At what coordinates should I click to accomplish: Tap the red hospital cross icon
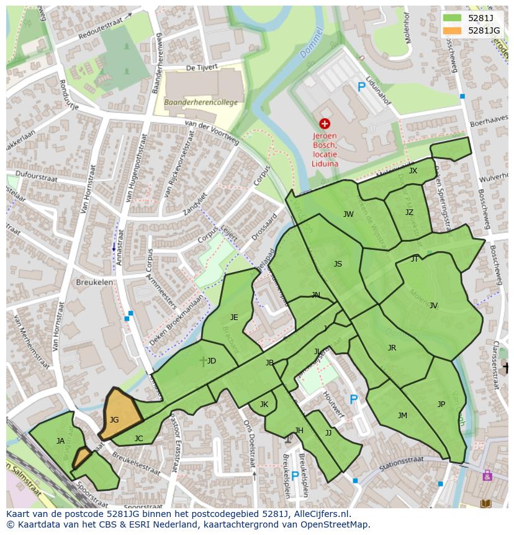[x=325, y=124]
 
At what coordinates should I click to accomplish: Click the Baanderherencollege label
[x=201, y=103]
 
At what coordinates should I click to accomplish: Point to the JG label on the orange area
[x=114, y=420]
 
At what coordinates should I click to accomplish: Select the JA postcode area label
[x=60, y=441]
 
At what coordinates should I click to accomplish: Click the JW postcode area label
[x=348, y=214]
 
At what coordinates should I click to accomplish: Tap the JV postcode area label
[x=433, y=305]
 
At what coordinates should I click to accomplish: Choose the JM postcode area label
[x=402, y=416]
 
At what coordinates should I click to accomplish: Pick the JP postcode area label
[x=441, y=405]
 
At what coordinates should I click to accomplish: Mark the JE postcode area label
[x=234, y=318]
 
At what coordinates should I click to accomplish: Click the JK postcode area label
[x=264, y=405]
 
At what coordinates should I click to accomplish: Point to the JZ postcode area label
[x=409, y=213]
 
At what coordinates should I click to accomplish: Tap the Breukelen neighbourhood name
[x=94, y=281]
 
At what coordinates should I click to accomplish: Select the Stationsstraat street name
[x=401, y=460]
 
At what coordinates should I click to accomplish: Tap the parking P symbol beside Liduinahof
[x=361, y=88]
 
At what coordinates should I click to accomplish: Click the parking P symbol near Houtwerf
[x=353, y=400]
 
